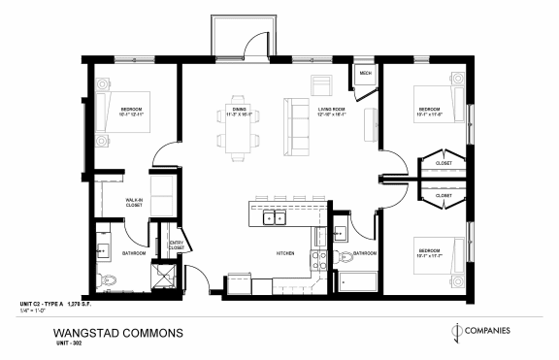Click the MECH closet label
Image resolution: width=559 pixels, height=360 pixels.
365,74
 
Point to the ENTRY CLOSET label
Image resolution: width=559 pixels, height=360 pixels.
176,245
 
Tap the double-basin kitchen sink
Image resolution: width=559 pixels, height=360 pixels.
273,217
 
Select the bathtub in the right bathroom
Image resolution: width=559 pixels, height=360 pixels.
358,283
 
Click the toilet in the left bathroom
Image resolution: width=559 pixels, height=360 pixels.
112,280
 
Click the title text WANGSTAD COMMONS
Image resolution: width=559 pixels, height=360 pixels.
119,333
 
